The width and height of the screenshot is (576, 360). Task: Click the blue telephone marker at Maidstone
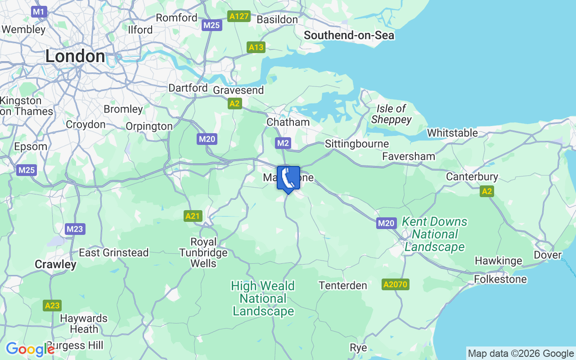(288, 179)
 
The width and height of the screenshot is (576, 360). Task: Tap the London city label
(75, 56)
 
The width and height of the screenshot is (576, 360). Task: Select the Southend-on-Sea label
(349, 35)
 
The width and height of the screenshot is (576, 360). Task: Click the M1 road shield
(39, 12)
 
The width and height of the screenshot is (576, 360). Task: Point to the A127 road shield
(239, 17)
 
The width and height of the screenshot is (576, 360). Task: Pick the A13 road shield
(256, 47)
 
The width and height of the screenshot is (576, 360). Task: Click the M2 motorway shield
(283, 143)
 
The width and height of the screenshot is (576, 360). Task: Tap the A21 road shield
(193, 216)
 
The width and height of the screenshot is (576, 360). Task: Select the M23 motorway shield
(75, 229)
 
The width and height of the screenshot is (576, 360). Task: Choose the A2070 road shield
(396, 284)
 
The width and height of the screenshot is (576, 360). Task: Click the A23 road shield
(53, 306)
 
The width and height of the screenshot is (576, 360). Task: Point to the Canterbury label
(472, 176)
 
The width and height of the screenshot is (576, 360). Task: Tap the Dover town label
(548, 255)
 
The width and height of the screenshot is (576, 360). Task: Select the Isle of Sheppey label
(391, 114)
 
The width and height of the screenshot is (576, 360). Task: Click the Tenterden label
(343, 285)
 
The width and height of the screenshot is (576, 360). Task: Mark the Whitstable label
(452, 133)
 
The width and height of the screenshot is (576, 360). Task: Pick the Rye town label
(358, 347)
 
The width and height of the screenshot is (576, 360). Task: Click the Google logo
(30, 349)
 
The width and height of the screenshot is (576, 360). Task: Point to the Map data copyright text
(521, 353)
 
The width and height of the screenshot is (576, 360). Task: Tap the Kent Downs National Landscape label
(434, 234)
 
